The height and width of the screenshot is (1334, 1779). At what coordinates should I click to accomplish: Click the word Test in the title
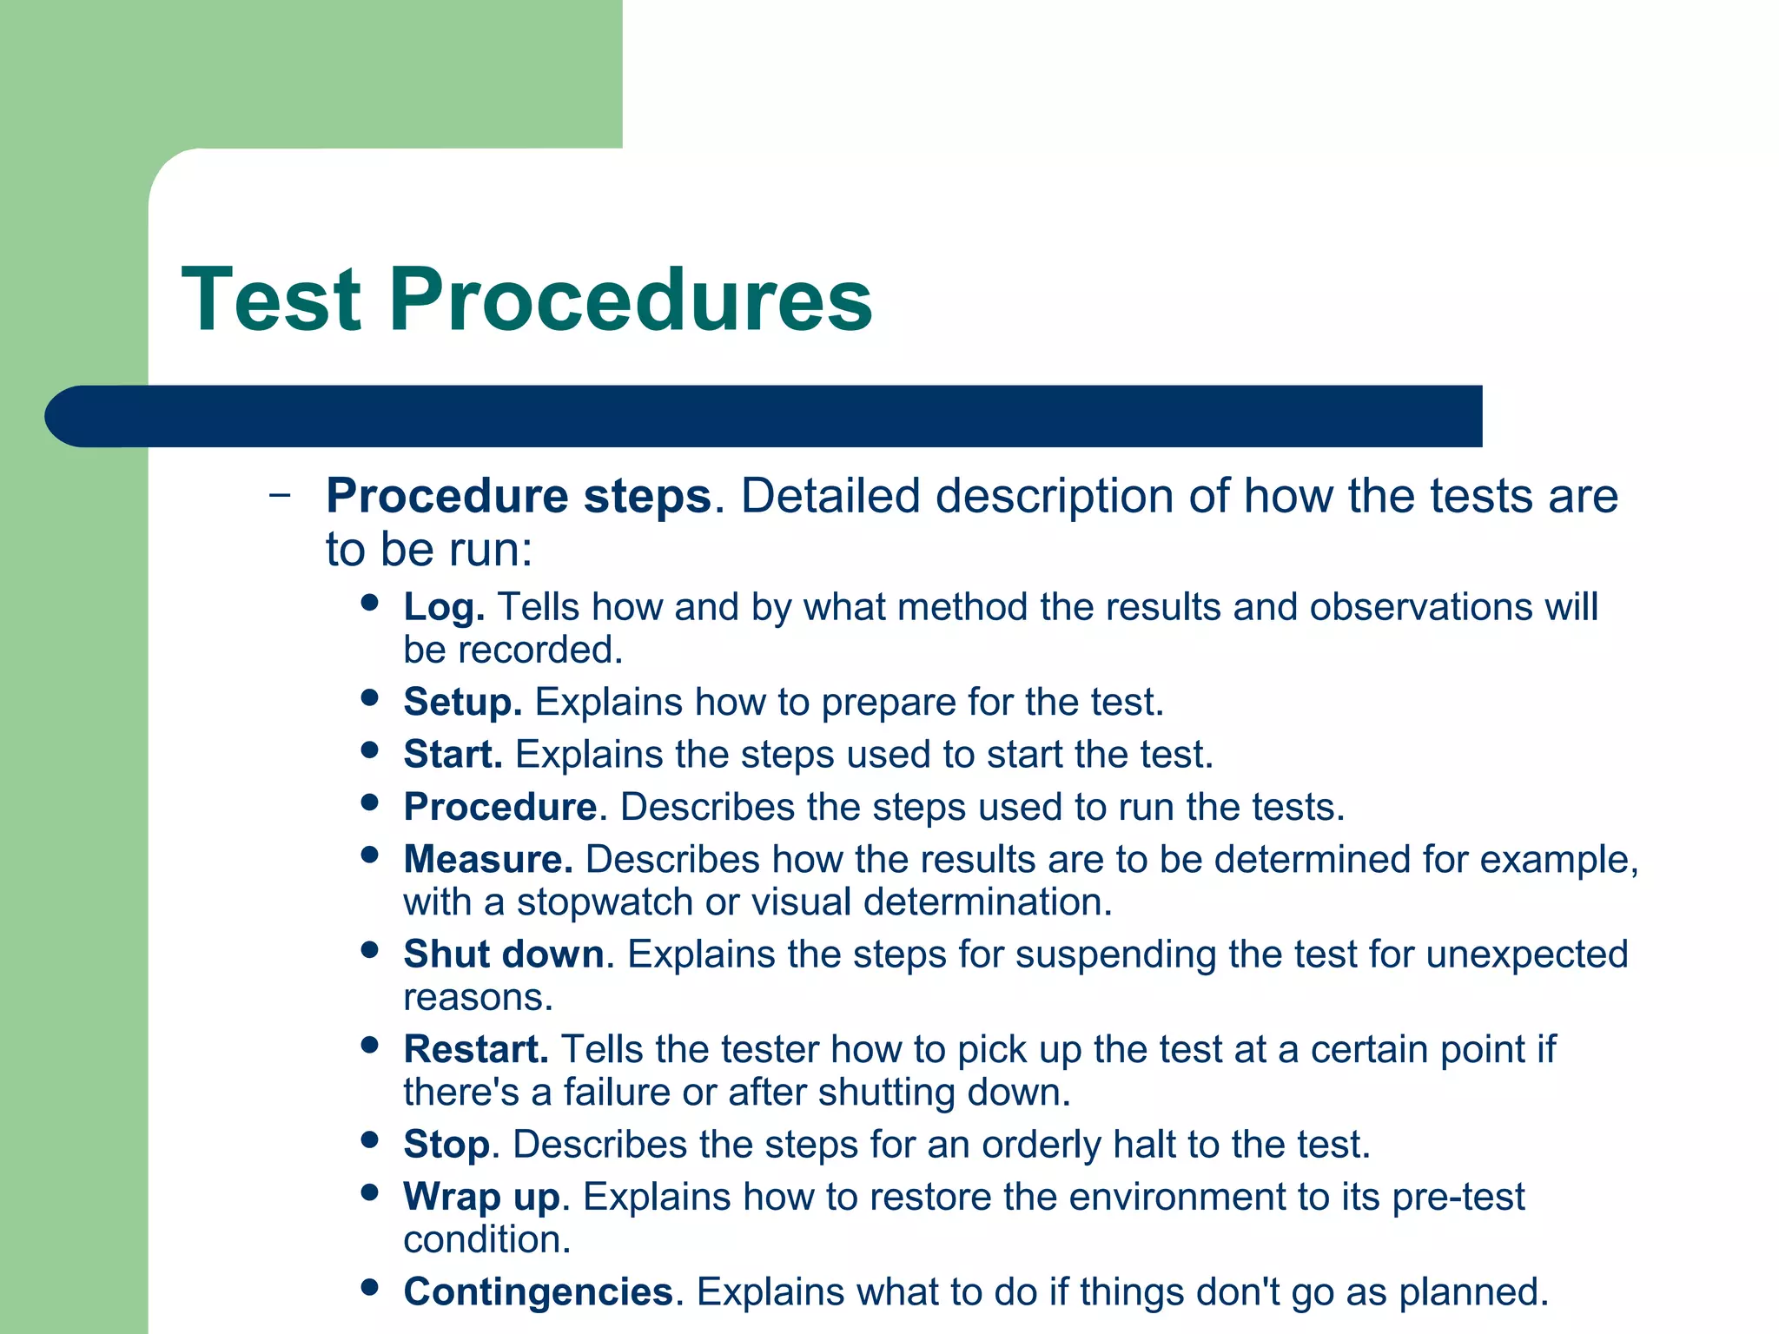[x=271, y=300]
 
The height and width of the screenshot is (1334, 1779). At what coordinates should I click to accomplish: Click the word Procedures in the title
[x=631, y=300]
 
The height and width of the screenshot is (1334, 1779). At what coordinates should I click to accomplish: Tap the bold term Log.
[x=443, y=608]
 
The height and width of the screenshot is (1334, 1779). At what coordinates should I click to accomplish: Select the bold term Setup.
[x=462, y=702]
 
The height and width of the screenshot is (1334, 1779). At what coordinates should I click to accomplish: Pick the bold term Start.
[x=453, y=754]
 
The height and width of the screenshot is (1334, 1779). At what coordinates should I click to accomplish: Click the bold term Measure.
[x=487, y=859]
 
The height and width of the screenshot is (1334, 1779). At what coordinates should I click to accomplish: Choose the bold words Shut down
[x=503, y=954]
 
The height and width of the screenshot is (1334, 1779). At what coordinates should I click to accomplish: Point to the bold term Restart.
[x=475, y=1049]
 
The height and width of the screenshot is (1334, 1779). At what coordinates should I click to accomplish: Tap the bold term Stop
[x=446, y=1145]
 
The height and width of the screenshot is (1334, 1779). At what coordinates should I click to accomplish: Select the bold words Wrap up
[x=481, y=1197]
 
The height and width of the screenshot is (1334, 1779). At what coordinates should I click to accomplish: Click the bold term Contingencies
[x=539, y=1291]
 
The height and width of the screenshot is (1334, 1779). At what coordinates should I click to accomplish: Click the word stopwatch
[x=605, y=901]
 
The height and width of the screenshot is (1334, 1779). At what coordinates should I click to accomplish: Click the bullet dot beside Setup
[x=370, y=697]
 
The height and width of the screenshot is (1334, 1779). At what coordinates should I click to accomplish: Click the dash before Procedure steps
[x=280, y=496]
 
